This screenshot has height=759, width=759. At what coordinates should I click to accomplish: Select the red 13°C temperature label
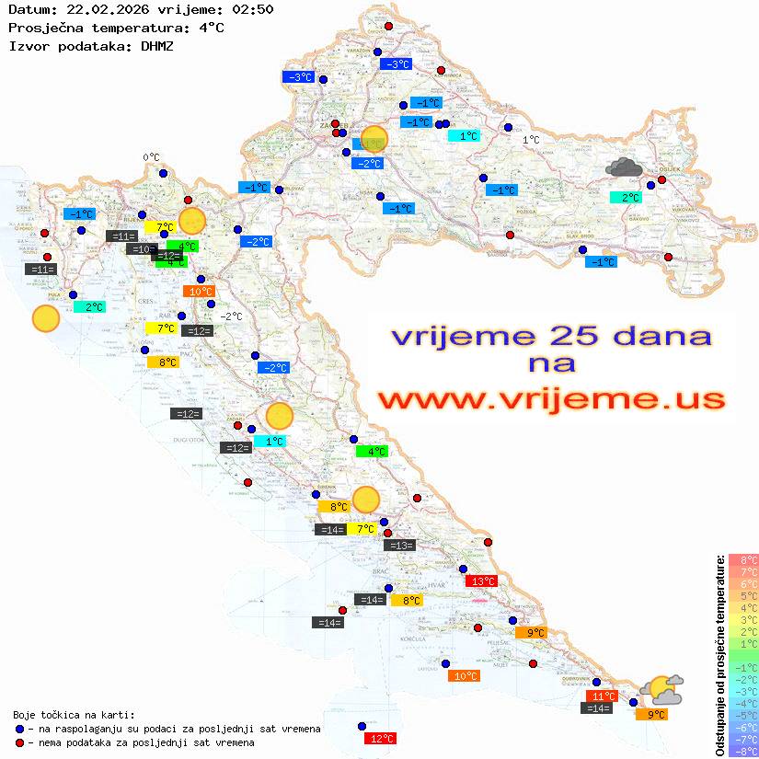(483, 581)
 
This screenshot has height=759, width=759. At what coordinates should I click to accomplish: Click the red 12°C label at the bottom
(381, 738)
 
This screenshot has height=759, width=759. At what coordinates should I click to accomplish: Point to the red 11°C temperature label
(602, 696)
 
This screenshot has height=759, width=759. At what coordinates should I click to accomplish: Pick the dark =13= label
(400, 546)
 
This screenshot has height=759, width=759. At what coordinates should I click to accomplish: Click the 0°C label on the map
(151, 157)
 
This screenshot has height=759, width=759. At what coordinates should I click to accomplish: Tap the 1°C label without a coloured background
(531, 141)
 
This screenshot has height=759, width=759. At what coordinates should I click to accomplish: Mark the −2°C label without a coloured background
(231, 316)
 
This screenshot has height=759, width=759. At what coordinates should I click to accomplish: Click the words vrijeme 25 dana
(551, 336)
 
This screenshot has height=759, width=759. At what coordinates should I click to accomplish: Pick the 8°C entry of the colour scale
(742, 559)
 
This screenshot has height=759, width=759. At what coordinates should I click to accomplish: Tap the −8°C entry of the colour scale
(742, 751)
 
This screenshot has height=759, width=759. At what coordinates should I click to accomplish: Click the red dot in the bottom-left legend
(20, 742)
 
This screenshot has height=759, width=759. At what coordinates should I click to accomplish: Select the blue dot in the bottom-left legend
(20, 728)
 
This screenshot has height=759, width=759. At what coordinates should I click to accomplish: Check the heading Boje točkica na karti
(74, 714)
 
